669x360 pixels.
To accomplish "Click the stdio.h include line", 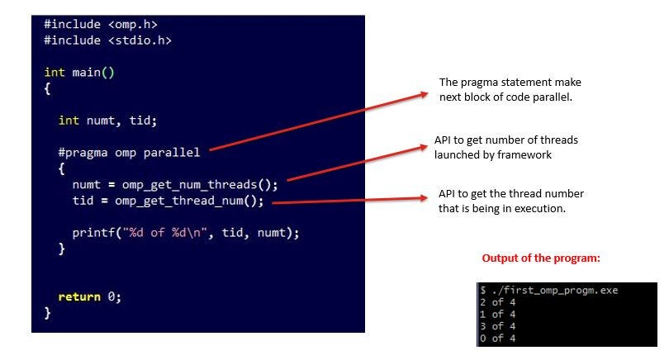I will [x=107, y=40].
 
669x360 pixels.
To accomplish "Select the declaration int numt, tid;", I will [x=107, y=121].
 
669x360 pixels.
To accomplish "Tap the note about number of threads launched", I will [x=505, y=147].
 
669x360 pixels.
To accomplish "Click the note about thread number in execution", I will [x=511, y=200].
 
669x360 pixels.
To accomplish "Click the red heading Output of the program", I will [x=540, y=258].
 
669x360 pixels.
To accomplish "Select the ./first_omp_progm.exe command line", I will [x=548, y=290].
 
